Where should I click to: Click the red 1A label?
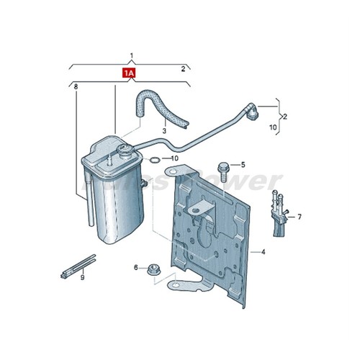129,73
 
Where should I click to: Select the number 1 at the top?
131,55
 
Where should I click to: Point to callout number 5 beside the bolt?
243,165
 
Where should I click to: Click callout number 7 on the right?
299,216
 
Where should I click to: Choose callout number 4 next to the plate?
264,252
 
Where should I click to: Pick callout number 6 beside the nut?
135,267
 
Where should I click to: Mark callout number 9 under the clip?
83,276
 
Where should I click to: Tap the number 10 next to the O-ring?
174,158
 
